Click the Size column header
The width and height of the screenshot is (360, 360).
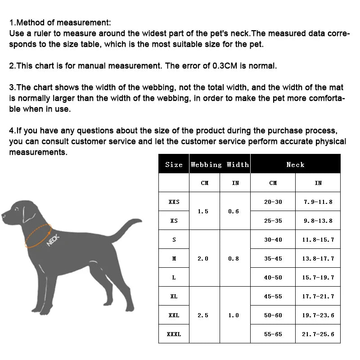click(174, 165)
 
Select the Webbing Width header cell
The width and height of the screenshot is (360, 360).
click(220, 165)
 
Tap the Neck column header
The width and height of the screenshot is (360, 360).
click(295, 165)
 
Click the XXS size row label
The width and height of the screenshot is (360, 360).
click(174, 202)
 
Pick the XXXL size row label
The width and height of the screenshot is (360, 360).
click(174, 334)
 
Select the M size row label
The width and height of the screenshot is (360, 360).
click(174, 259)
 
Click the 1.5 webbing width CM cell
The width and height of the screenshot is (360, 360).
click(203, 211)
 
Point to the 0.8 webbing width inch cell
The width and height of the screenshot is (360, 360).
click(234, 259)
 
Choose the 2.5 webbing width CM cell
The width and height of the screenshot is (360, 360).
click(203, 315)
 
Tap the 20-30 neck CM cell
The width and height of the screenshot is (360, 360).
click(273, 202)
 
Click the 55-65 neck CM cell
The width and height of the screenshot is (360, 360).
click(273, 334)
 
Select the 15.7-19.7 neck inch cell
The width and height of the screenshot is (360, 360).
click(318, 278)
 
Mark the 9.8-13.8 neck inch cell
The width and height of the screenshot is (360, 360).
click(318, 221)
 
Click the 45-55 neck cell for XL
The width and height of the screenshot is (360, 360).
click(273, 297)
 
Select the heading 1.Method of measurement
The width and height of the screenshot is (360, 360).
click(60, 23)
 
